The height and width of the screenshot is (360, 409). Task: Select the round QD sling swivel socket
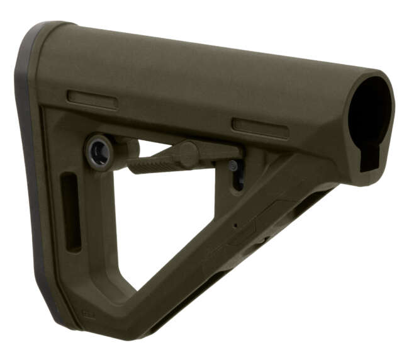[99, 151]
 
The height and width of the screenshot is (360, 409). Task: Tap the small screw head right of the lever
[233, 166]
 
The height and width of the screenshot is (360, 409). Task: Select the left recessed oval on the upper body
[92, 99]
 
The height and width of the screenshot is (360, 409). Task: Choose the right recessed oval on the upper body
[260, 128]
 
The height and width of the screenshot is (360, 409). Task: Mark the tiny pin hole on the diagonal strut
[235, 225]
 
